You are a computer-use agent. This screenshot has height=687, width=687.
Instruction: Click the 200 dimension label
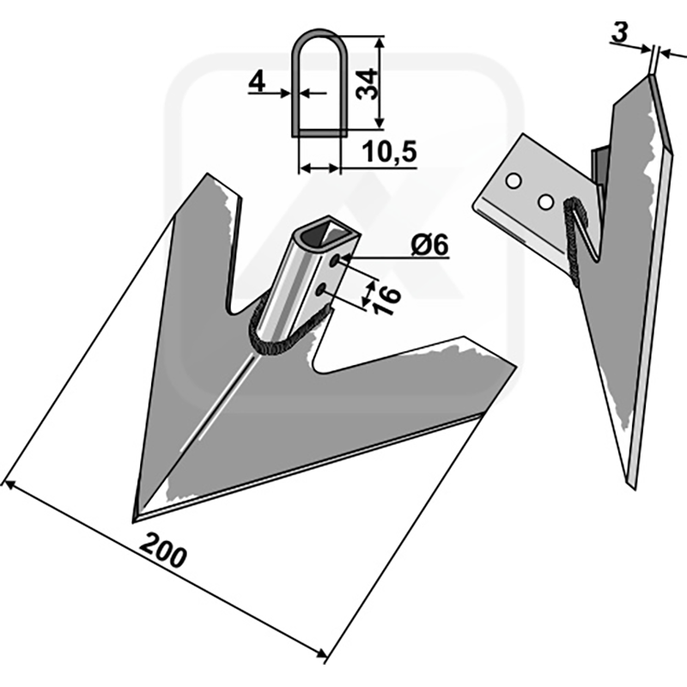[163, 550]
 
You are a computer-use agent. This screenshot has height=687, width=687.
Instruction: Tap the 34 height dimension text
[367, 84]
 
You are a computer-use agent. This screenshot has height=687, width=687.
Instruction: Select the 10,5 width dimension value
[390, 152]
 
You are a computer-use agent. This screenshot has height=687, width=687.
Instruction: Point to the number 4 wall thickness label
[257, 82]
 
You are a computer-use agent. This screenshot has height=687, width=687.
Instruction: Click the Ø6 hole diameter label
[430, 245]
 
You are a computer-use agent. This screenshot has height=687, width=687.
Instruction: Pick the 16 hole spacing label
[386, 301]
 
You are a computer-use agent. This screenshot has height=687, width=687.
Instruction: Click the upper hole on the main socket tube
[335, 261]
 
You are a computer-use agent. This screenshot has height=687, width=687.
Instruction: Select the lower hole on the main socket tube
[321, 289]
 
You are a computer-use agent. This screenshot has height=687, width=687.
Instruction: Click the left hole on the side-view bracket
[513, 181]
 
